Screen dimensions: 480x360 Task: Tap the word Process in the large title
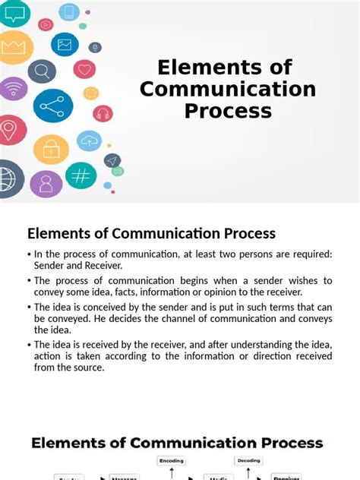click(x=228, y=111)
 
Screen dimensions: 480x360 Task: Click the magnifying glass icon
click(x=41, y=71)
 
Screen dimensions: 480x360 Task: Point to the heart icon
click(x=84, y=69)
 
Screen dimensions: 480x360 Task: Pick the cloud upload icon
click(x=90, y=141)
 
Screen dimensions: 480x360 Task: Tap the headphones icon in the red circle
click(x=103, y=114)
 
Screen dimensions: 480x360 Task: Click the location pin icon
click(x=10, y=130)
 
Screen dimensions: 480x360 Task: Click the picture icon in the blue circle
click(x=65, y=44)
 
